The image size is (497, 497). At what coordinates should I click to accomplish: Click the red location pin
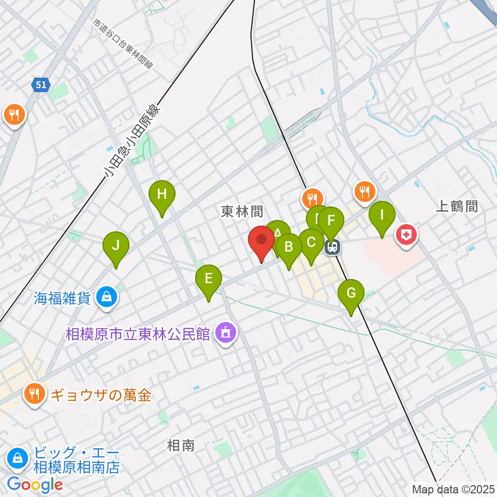261,242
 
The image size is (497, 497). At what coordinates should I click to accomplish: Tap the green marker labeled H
162,195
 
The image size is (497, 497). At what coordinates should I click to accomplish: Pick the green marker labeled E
208,280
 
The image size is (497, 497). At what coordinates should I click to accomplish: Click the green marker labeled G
350,294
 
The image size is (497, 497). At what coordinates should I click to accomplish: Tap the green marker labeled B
289,246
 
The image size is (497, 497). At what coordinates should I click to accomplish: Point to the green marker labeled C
311,243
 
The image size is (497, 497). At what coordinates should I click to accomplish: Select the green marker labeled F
331,220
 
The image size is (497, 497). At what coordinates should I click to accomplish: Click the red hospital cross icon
407,236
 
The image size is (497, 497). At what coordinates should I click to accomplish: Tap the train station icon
332,247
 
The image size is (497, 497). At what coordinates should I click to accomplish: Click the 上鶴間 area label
456,206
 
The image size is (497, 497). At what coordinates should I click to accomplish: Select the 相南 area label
181,445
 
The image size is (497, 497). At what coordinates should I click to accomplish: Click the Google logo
35,485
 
